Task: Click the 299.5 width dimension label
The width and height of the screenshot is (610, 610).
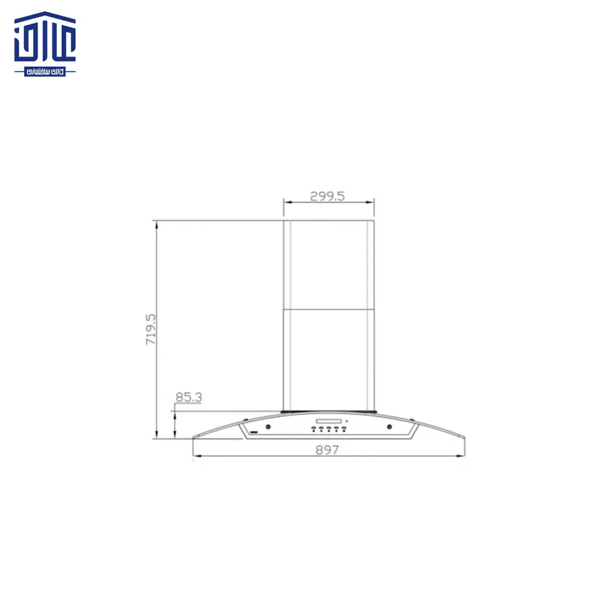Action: (328, 195)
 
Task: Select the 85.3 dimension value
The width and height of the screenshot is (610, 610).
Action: (188, 397)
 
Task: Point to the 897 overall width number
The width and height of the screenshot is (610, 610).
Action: (327, 450)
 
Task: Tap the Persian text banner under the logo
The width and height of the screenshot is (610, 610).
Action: (45, 71)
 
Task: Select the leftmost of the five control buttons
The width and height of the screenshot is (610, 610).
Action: (313, 429)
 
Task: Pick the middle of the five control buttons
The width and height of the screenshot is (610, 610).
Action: (328, 429)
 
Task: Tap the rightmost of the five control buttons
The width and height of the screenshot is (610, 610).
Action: (343, 429)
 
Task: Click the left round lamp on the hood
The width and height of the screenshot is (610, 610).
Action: (267, 427)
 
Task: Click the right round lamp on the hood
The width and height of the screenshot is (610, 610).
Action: (389, 427)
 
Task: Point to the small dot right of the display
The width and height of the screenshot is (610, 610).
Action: (346, 421)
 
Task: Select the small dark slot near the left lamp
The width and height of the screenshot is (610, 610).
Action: (253, 431)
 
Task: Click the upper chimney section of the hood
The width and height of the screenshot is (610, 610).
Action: (328, 265)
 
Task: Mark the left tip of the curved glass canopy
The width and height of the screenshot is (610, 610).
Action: (194, 438)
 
